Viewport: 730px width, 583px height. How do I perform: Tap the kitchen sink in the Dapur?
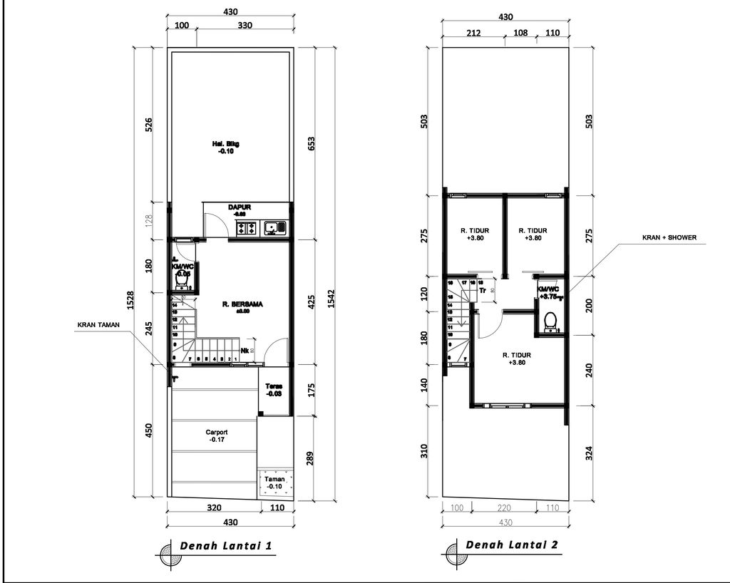[x=274, y=229]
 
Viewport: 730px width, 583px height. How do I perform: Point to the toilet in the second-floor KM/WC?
[x=550, y=321]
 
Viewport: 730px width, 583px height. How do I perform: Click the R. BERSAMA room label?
[x=242, y=304]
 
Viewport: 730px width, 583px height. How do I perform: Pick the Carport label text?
[x=216, y=432]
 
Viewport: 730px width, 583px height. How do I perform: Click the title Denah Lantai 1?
[x=225, y=546]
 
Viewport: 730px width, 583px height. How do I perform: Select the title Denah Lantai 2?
[x=511, y=545]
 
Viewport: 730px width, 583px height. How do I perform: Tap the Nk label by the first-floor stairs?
[x=245, y=351]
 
